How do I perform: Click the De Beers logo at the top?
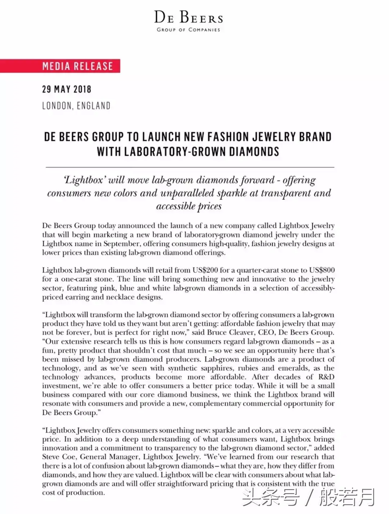(x=188, y=17)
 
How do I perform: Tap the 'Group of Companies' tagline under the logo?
(x=188, y=30)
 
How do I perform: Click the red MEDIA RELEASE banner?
(x=77, y=66)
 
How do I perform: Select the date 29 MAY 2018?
(x=67, y=89)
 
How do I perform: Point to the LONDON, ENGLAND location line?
(x=76, y=106)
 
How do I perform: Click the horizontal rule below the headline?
(x=190, y=167)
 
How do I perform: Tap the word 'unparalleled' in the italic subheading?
(x=187, y=193)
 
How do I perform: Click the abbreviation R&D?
(x=326, y=377)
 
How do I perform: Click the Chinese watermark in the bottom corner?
(x=309, y=497)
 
